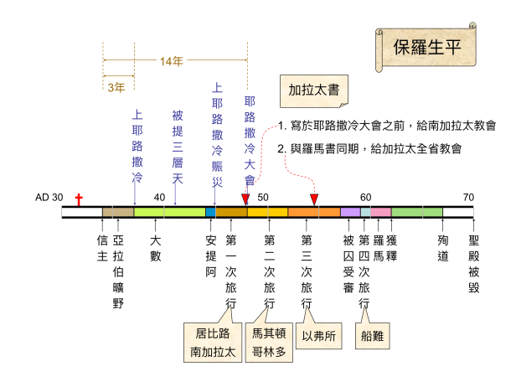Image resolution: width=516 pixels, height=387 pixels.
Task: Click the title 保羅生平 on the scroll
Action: point(427,46)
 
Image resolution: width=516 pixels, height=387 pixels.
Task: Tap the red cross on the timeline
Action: point(80,199)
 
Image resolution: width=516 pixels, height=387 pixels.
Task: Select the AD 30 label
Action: point(49,198)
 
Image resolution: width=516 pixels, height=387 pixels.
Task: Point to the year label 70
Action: point(468,198)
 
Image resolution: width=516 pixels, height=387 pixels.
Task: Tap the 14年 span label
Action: point(174,61)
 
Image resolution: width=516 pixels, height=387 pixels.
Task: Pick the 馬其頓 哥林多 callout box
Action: point(269,343)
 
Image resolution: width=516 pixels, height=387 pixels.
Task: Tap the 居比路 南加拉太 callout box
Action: point(209,343)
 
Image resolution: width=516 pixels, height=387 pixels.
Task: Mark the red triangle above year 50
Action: point(246,199)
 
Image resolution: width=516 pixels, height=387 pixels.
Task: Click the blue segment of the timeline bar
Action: point(210,212)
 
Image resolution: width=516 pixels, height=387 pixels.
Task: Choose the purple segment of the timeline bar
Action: point(350,212)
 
